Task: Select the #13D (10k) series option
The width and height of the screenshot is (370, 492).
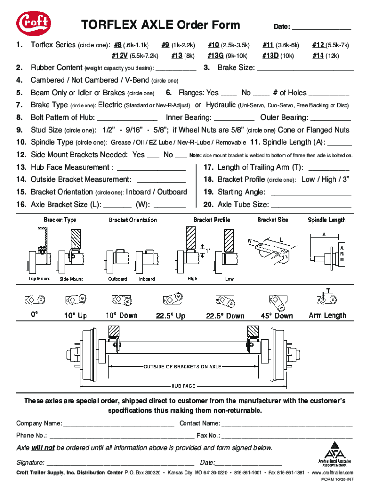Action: tap(271, 55)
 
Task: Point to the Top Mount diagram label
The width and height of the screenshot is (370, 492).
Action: tap(39, 279)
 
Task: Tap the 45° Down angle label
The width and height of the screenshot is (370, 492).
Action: tap(277, 316)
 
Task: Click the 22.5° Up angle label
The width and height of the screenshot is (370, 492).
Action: tap(170, 316)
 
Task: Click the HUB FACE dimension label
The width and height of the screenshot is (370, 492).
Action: tap(183, 386)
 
